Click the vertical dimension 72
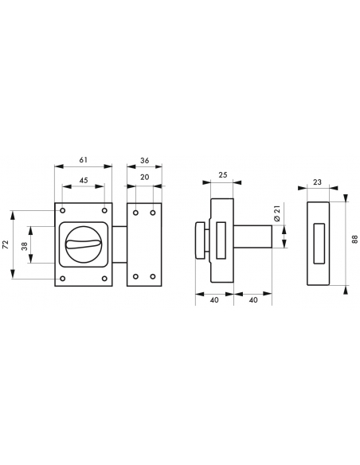tap(7, 244)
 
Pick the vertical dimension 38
tap(25, 244)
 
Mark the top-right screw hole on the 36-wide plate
tap(152, 213)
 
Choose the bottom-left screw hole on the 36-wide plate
tap(136, 277)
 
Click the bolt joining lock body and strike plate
tap(119, 244)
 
